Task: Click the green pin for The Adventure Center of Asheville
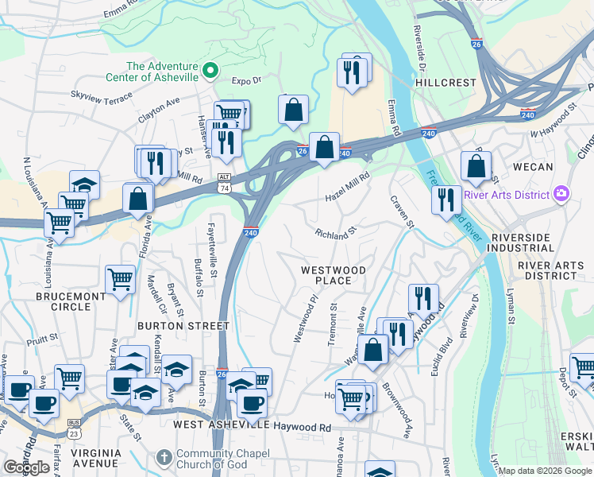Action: tap(210, 71)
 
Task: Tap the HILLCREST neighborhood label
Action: tap(445, 82)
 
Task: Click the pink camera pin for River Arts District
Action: tap(561, 194)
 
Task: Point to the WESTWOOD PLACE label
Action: tap(333, 275)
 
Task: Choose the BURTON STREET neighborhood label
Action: tap(183, 326)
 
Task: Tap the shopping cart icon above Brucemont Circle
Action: tap(120, 278)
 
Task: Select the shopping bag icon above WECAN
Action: tap(475, 165)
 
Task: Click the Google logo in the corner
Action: tap(26, 467)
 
